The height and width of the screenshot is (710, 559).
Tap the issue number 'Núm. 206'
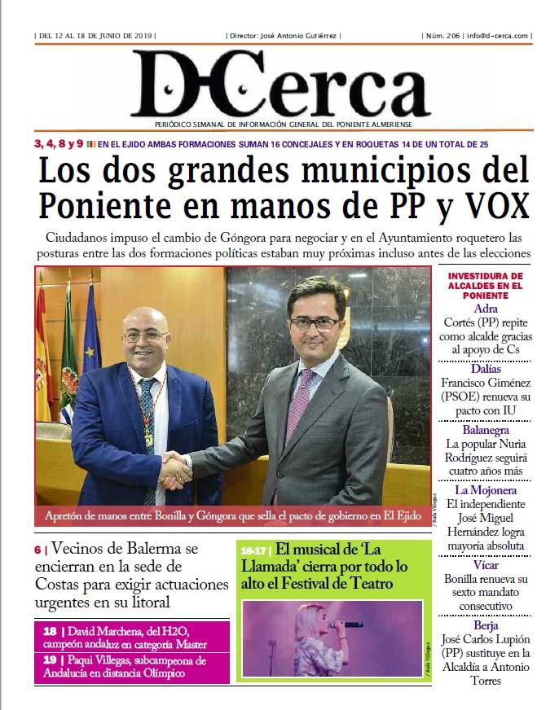pyautogui.click(x=441, y=36)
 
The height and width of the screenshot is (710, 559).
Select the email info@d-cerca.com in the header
pyautogui.click(x=499, y=36)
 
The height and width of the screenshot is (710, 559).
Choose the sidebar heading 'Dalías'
pyautogui.click(x=486, y=369)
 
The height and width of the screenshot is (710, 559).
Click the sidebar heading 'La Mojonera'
pyautogui.click(x=486, y=490)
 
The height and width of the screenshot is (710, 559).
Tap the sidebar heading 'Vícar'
pyautogui.click(x=486, y=565)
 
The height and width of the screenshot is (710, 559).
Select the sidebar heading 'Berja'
pyautogui.click(x=486, y=625)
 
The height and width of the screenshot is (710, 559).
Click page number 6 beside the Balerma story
pyautogui.click(x=37, y=550)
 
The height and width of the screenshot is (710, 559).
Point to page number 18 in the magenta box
pyautogui.click(x=51, y=631)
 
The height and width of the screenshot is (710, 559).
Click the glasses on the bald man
pyautogui.click(x=144, y=334)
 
